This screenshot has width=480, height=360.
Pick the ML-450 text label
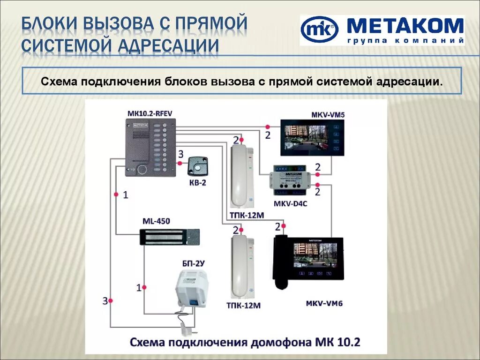coord(156,221)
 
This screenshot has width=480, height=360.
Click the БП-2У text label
coord(193,263)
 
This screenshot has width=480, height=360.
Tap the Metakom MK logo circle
coord(319,30)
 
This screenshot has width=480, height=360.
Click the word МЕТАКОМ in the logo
coord(405,26)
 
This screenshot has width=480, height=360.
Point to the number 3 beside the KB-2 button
coord(180,154)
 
